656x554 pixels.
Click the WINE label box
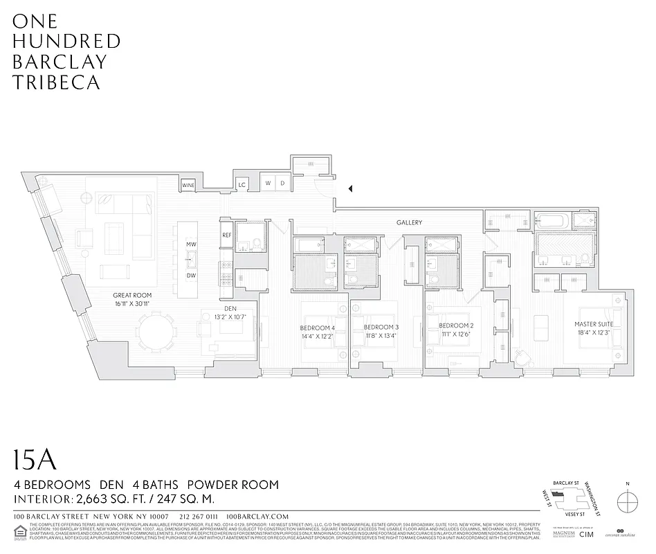188,186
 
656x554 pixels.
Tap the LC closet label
242,185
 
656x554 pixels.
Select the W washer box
268,184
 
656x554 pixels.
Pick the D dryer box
282,184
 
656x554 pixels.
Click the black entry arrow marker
350,188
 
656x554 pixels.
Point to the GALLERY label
409,222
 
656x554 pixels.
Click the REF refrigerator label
226,235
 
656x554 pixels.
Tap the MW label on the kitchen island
191,245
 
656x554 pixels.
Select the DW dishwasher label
191,276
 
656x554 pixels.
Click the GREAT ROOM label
133,295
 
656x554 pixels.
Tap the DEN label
230,309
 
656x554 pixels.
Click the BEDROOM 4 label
317,327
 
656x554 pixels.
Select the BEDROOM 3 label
381,327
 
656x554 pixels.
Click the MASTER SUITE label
594,324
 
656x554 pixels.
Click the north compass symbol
626,500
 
